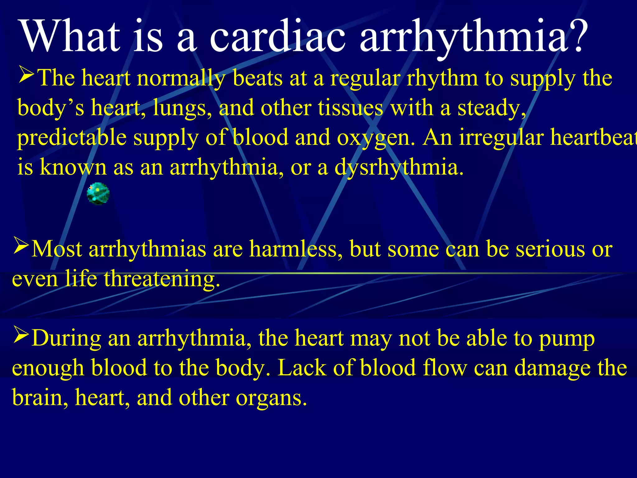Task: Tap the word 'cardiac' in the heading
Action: click(x=277, y=36)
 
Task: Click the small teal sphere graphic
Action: click(x=98, y=194)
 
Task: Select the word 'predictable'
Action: click(x=72, y=138)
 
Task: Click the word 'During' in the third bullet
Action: click(x=66, y=338)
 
